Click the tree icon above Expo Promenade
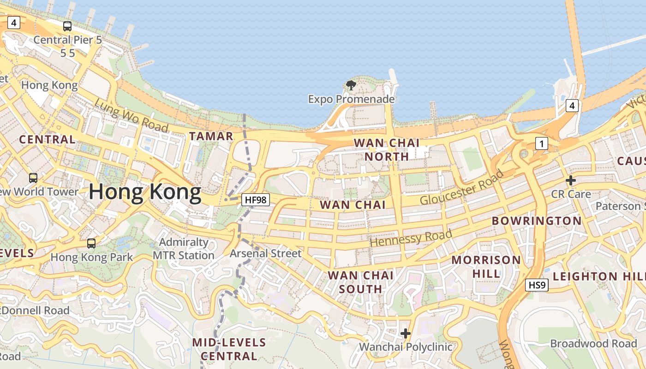[351, 85]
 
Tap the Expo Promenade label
[351, 99]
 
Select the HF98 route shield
[255, 200]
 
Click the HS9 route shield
[537, 285]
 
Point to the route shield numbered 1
[542, 144]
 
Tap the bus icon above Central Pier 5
[67, 26]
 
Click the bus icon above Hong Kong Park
[91, 243]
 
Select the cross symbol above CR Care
[571, 180]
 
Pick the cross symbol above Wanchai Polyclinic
[406, 333]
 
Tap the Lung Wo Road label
[131, 116]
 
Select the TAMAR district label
[211, 136]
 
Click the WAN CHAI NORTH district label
[387, 149]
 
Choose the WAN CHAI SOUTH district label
[360, 282]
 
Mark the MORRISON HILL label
[486, 267]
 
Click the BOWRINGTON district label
[537, 221]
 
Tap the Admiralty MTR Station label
[184, 249]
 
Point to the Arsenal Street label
[265, 253]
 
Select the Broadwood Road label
[593, 344]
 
